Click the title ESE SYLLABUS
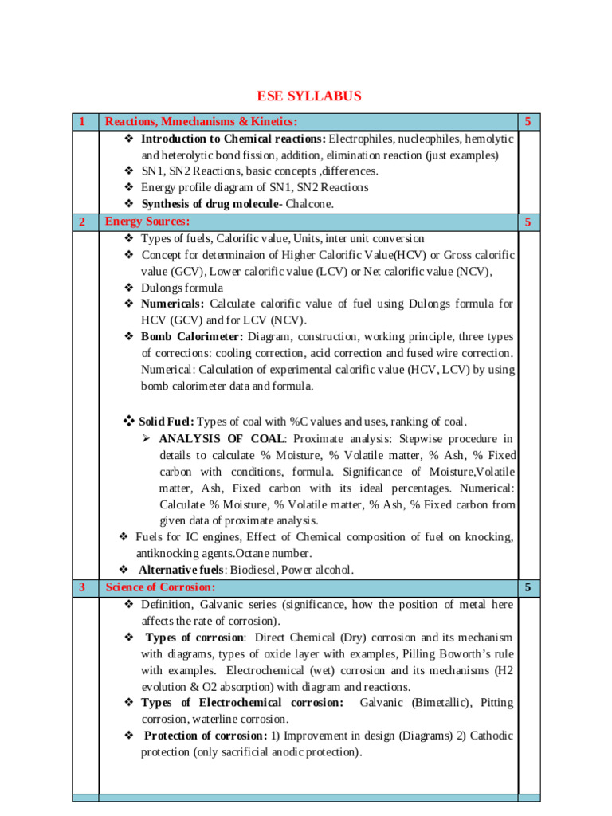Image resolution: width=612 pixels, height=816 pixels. point(308,96)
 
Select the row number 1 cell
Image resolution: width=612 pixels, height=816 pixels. point(82,122)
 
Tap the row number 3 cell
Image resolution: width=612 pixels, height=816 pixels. point(82,588)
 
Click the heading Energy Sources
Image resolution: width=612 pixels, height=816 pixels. point(147,221)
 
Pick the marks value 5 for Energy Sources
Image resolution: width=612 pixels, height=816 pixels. point(528,222)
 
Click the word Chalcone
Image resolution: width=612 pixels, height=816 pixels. point(310,204)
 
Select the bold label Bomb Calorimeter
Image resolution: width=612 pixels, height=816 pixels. point(192,337)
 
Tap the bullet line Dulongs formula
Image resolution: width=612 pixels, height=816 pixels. point(182,288)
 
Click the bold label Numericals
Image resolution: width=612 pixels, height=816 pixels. point(172,304)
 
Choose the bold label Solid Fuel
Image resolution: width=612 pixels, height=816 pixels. point(166,422)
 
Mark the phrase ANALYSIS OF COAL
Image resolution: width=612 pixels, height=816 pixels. point(222,438)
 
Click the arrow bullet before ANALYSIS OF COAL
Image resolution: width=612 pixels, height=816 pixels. point(146,439)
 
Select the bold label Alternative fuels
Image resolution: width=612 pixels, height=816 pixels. point(182,570)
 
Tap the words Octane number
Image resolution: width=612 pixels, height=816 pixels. point(279,553)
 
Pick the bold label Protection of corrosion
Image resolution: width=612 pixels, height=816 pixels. point(206,735)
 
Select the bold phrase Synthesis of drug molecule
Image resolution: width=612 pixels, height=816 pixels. point(211,204)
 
